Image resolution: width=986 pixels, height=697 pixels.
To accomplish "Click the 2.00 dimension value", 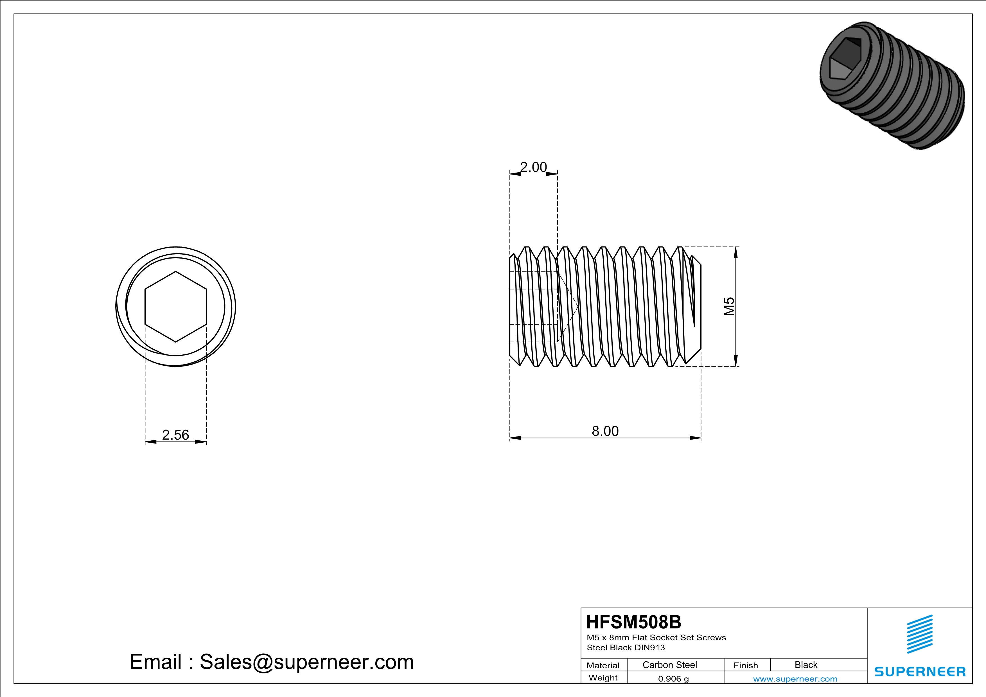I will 533,167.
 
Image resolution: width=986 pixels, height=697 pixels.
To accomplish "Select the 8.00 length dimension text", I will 605,431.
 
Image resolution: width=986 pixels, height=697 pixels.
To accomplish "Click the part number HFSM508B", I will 633,622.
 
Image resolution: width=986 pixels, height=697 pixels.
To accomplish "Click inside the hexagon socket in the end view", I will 176,306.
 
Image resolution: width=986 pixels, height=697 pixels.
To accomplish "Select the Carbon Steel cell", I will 669,665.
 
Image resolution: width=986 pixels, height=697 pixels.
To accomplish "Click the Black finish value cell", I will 806,665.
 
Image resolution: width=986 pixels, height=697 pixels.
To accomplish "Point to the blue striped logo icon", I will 919,634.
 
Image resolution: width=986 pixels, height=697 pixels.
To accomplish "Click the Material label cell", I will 603,665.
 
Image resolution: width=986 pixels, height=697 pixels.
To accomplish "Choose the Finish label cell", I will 746,665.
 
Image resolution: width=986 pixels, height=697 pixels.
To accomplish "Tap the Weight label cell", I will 603,678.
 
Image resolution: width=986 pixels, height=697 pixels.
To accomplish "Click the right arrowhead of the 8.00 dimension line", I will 696,438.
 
